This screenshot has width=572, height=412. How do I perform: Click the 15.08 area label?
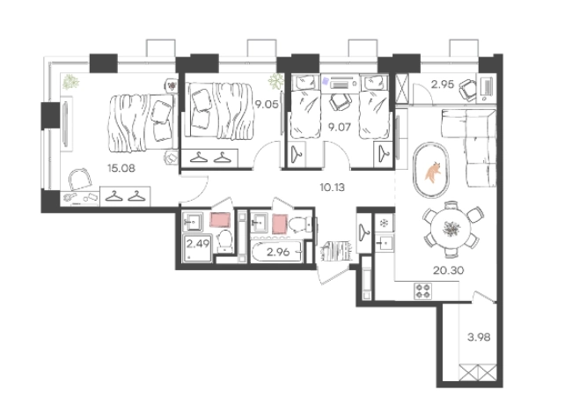click(121, 168)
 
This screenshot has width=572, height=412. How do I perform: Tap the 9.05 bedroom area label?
click(267, 105)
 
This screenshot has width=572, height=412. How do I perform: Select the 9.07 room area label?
click(340, 127)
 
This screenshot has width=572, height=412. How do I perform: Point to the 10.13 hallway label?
click(332, 188)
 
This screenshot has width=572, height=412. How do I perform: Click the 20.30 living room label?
click(448, 270)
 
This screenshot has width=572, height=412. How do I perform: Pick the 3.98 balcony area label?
click(479, 337)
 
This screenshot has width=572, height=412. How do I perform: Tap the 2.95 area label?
click(443, 85)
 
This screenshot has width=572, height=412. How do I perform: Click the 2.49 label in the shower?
click(198, 243)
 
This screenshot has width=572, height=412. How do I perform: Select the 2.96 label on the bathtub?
click(278, 252)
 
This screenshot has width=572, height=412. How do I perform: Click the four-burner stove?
click(422, 291)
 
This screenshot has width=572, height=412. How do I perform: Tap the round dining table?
click(451, 229)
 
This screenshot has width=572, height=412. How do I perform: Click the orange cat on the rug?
click(433, 172)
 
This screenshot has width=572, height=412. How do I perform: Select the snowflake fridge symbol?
click(384, 223)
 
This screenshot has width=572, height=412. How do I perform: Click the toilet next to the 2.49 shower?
click(224, 240)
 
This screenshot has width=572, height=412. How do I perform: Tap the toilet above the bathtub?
click(300, 224)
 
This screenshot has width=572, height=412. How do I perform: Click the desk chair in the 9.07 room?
click(340, 101)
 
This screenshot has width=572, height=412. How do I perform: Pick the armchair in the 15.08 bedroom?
click(80, 179)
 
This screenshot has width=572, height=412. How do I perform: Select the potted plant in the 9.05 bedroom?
click(276, 81)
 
